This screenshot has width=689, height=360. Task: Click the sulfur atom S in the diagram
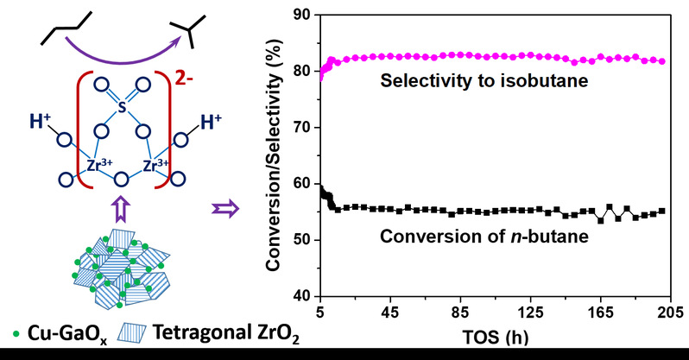[x=122, y=110]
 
